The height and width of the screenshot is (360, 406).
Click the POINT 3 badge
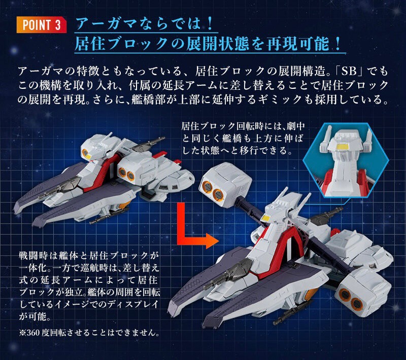coord(41,25)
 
